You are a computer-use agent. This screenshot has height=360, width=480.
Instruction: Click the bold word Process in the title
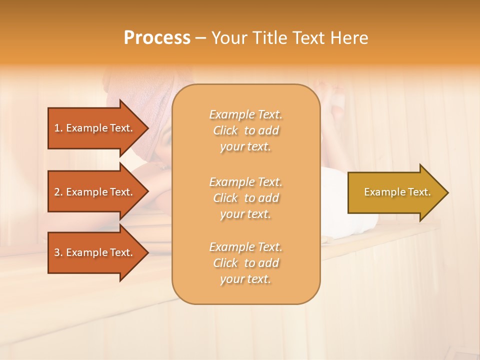tap(157, 38)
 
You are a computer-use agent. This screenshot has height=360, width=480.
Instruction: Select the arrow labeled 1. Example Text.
tap(95, 128)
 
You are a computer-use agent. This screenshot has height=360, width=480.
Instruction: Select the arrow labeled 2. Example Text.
tap(95, 192)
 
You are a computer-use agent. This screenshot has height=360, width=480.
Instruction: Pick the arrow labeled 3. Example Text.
tap(95, 252)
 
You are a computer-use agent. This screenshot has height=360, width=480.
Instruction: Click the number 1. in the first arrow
tap(58, 128)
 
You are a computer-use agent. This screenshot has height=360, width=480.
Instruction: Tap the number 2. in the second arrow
tap(58, 192)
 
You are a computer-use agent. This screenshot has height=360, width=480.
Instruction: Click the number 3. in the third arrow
tap(58, 252)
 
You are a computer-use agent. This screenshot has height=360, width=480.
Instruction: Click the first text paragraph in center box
tap(246, 130)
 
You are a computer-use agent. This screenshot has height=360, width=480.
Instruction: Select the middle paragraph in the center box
tap(246, 197)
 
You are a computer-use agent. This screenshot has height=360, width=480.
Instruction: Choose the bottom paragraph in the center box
tap(246, 263)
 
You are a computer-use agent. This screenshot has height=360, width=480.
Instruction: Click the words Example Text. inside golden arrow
tap(397, 192)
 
